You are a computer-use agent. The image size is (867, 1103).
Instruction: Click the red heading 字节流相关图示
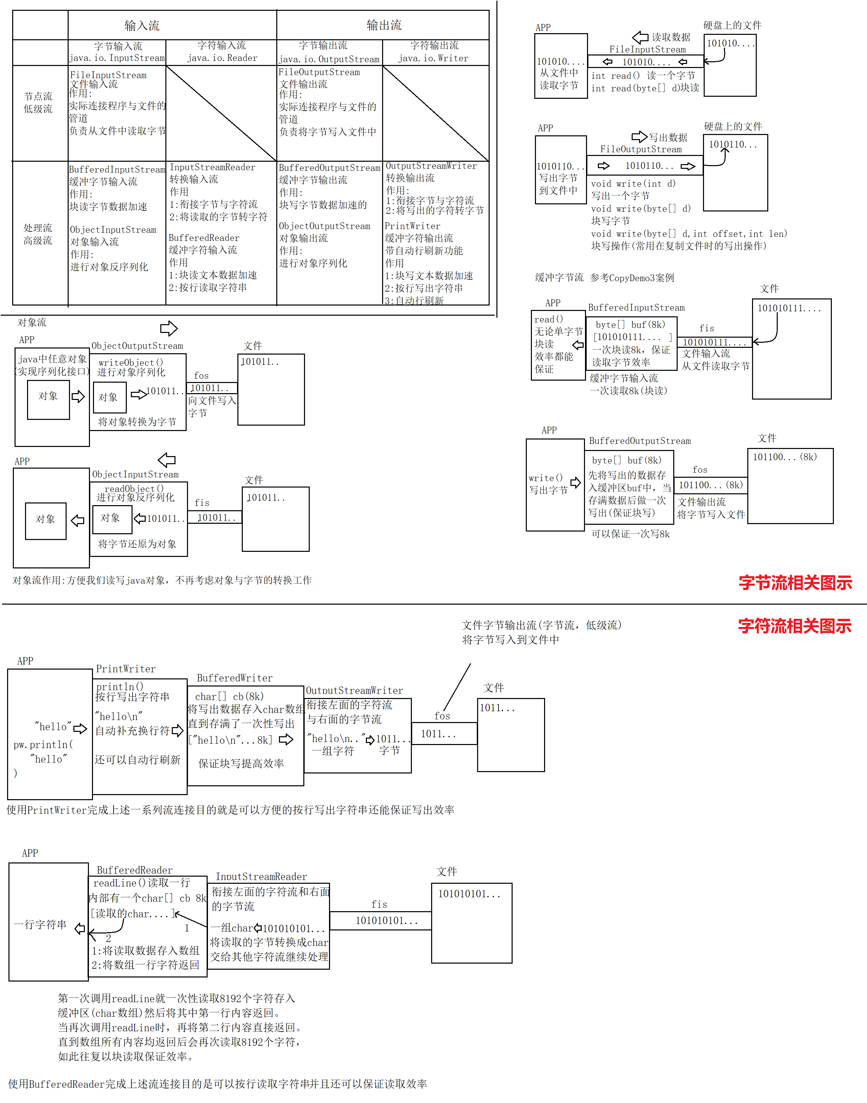click(x=795, y=583)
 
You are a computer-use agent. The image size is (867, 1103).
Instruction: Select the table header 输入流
click(x=142, y=25)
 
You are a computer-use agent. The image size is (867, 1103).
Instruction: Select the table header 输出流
click(x=384, y=25)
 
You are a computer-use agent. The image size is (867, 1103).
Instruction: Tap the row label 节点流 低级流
click(x=38, y=103)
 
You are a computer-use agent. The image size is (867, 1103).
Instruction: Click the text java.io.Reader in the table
click(x=222, y=58)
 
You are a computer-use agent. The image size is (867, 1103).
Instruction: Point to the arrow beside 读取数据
click(x=640, y=37)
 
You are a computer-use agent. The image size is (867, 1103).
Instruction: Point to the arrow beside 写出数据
click(x=639, y=137)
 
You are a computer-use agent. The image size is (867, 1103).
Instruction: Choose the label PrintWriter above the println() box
click(x=126, y=669)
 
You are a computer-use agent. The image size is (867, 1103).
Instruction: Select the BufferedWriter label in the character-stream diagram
click(x=235, y=678)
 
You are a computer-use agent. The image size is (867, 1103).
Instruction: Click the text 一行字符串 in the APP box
click(x=40, y=925)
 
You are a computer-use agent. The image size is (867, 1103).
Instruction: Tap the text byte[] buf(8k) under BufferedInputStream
click(x=630, y=324)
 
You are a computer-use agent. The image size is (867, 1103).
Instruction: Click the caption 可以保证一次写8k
click(x=630, y=534)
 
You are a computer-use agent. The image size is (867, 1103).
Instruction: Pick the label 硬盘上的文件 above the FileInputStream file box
click(x=732, y=25)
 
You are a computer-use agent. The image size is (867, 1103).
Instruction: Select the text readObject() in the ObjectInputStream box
click(x=134, y=489)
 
